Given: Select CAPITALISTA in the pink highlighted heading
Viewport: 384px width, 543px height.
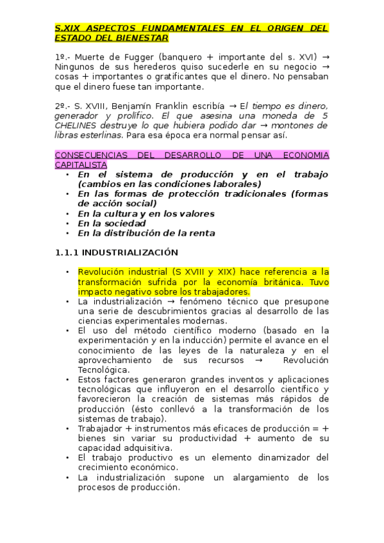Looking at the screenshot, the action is (x=81, y=165).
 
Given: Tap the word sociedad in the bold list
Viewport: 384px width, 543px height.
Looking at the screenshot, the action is (x=124, y=223).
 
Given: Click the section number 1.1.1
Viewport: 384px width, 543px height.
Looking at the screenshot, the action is (x=67, y=252).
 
